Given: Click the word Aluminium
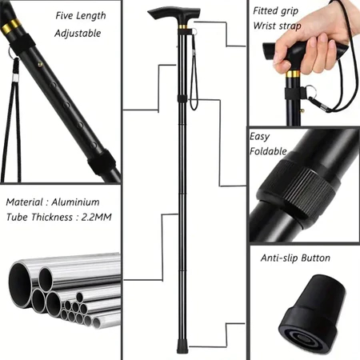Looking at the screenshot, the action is click(75, 202).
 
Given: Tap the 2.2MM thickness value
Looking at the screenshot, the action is click(96, 218).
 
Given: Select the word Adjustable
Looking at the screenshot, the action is click(78, 34).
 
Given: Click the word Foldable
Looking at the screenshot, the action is click(268, 151).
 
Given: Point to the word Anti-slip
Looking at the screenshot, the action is click(279, 258).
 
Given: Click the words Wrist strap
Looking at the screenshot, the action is click(277, 26).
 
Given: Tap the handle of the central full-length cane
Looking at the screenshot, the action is click(174, 14).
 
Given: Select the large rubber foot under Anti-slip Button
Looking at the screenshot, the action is click(312, 316).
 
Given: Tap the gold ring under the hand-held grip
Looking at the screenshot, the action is click(294, 74).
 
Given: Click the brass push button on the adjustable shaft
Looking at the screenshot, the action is click(40, 64).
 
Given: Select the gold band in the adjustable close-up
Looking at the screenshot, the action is click(10, 26).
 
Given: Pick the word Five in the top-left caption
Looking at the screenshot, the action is click(64, 15).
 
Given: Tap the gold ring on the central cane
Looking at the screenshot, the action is click(182, 27).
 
